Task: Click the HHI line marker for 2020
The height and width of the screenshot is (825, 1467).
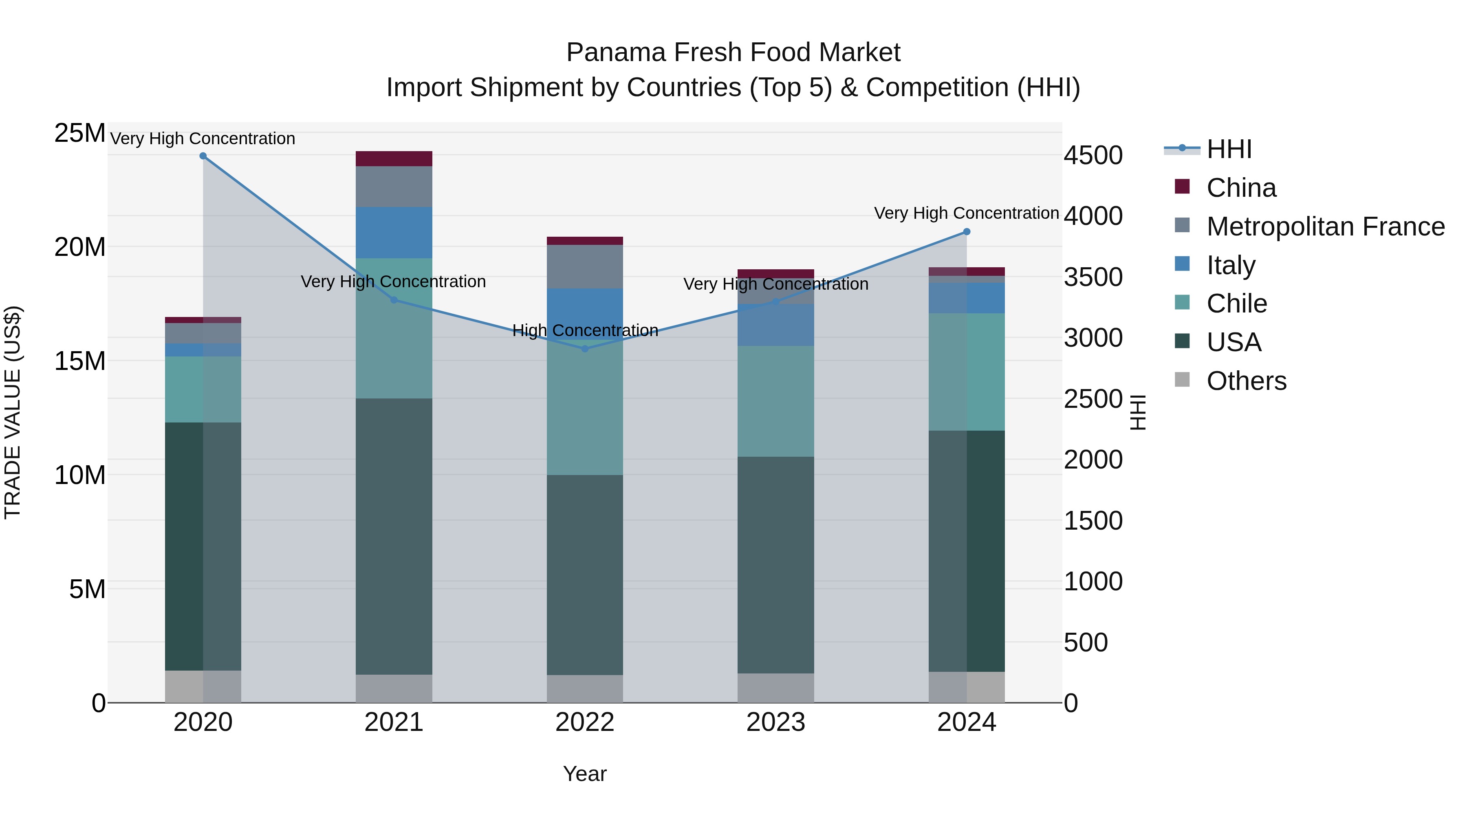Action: pyautogui.click(x=203, y=156)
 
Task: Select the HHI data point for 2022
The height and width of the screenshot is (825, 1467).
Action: pyautogui.click(x=584, y=348)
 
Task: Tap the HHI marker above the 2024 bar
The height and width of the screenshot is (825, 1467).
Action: pyautogui.click(x=967, y=232)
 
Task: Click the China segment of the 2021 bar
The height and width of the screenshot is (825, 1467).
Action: pyautogui.click(x=394, y=159)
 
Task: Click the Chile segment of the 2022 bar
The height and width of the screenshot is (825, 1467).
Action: pyautogui.click(x=584, y=410)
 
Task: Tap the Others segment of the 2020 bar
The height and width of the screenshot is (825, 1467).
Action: pyautogui.click(x=203, y=686)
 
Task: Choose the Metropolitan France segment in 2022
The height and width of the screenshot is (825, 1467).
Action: pyautogui.click(x=584, y=266)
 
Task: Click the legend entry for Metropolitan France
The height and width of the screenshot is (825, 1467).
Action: pyautogui.click(x=1325, y=227)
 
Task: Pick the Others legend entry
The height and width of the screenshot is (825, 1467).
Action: pyautogui.click(x=1246, y=381)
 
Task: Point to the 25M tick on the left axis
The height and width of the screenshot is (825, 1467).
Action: pyautogui.click(x=80, y=133)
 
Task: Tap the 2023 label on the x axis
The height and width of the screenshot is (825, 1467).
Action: pyautogui.click(x=775, y=722)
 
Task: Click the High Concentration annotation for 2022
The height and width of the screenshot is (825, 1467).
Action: pyautogui.click(x=585, y=330)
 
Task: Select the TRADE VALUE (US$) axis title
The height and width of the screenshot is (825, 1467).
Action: pyautogui.click(x=13, y=412)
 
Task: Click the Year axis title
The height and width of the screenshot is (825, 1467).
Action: pyautogui.click(x=584, y=774)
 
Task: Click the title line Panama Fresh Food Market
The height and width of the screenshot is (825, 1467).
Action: pyautogui.click(x=733, y=53)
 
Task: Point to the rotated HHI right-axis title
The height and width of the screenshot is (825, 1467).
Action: pyautogui.click(x=1137, y=412)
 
